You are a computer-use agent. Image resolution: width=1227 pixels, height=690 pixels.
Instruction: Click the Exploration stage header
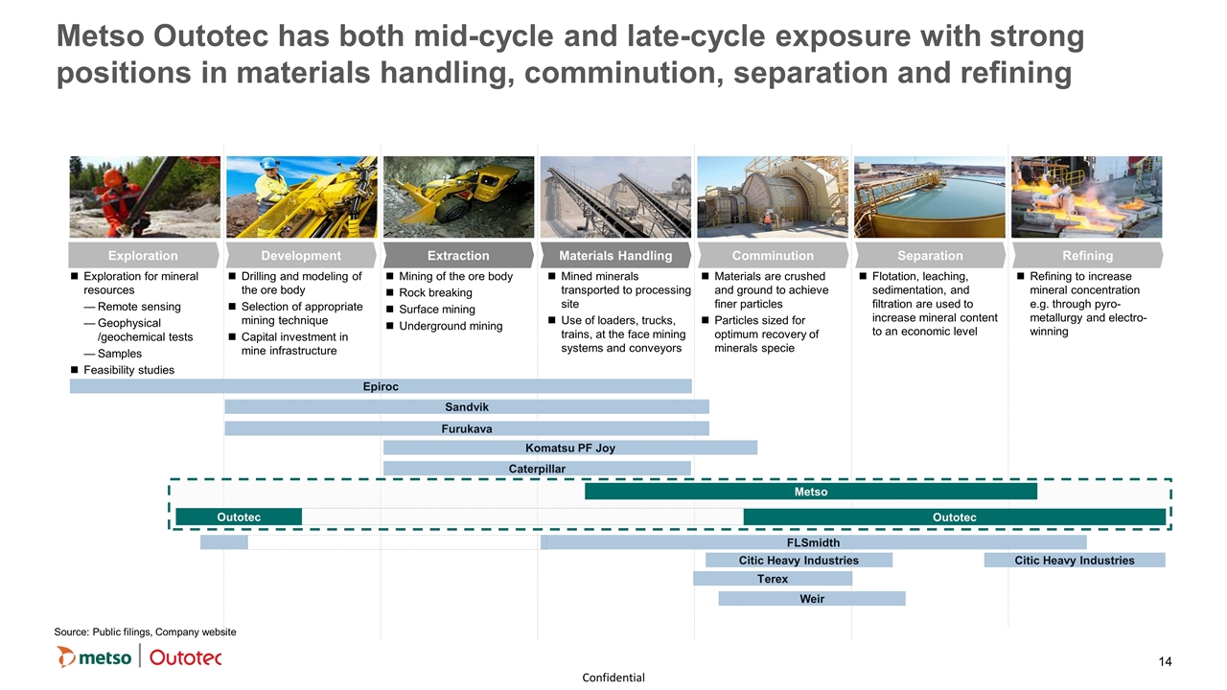tap(143, 255)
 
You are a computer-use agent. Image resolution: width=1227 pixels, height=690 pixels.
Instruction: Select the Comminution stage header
tap(773, 255)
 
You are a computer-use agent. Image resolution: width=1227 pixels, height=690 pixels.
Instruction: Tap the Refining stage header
tap(1087, 255)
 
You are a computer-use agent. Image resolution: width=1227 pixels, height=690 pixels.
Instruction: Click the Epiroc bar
tap(381, 386)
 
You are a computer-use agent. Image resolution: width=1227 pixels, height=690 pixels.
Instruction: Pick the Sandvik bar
tap(467, 407)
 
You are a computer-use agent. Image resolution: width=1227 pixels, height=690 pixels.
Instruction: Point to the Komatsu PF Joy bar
tap(570, 448)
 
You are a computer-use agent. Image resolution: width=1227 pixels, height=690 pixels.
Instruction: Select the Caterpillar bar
tap(537, 469)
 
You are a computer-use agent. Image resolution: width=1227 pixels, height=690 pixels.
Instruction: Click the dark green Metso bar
tap(811, 492)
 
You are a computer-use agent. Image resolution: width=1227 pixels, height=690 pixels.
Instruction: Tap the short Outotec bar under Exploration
tap(239, 517)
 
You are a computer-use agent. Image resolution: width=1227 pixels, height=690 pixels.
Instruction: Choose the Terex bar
tap(773, 579)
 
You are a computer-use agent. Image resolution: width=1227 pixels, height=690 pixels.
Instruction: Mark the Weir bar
tap(812, 599)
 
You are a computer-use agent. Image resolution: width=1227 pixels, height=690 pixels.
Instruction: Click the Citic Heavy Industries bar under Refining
tap(1075, 561)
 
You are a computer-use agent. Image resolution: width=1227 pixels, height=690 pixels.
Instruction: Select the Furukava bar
tap(467, 428)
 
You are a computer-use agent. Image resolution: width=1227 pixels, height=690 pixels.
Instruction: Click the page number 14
tap(1166, 661)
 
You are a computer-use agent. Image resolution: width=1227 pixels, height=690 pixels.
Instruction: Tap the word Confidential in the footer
tap(613, 678)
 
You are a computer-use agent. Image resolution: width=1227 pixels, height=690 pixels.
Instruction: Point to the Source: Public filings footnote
tap(145, 632)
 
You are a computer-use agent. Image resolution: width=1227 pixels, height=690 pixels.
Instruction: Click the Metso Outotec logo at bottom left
tap(139, 657)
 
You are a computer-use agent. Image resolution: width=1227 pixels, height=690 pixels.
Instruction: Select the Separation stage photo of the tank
tap(930, 196)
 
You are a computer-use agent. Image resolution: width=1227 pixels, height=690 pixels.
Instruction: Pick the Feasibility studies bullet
tap(128, 370)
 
